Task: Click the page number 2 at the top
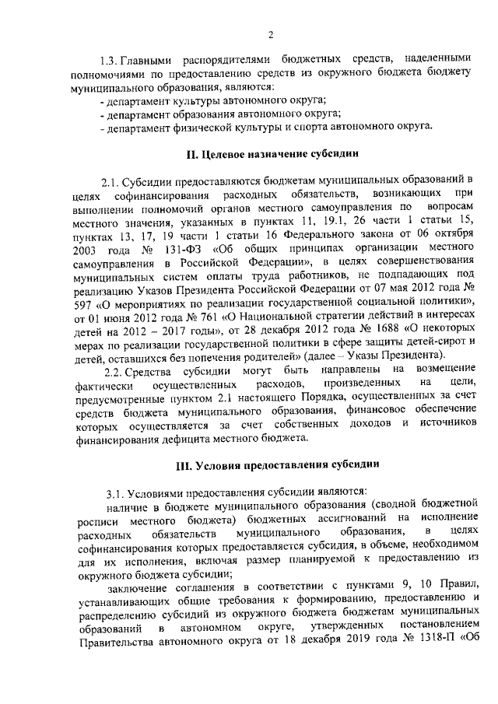coord(271,33)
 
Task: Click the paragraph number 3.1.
coord(116,492)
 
